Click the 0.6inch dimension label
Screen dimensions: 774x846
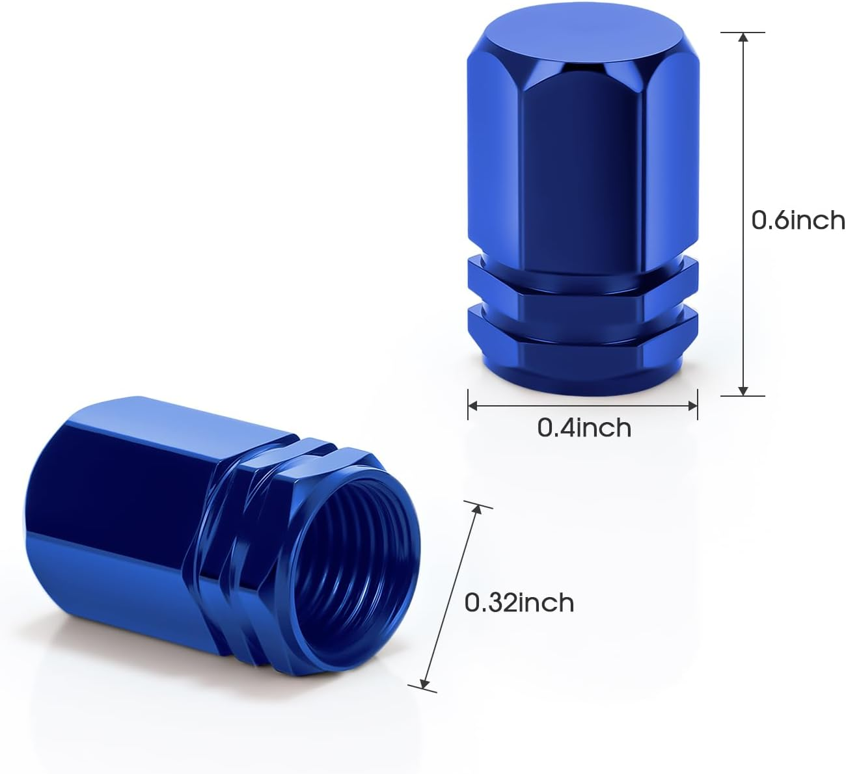click(x=798, y=220)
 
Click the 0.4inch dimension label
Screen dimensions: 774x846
click(x=584, y=428)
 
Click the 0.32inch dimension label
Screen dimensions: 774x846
click(x=519, y=603)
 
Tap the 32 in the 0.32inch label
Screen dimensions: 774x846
click(x=496, y=603)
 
